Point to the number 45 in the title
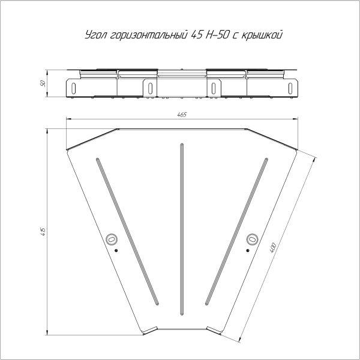click(196, 35)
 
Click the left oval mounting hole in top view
click(110, 239)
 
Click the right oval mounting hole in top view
click(252, 239)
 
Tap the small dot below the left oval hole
click(117, 250)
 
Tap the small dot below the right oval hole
click(246, 250)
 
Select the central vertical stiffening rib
click(181, 228)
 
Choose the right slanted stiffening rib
click(235, 231)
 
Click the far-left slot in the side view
click(73, 88)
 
